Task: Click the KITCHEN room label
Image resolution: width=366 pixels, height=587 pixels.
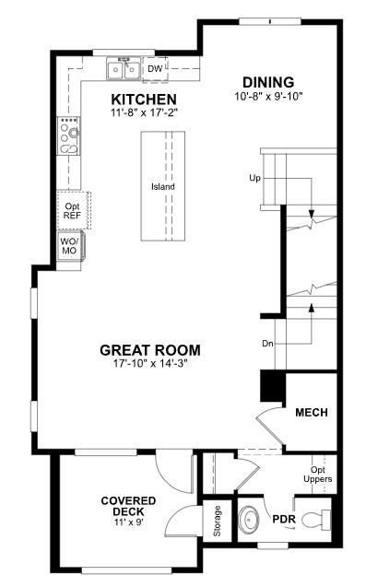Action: tap(144, 99)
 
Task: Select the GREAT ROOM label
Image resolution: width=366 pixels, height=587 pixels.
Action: tap(149, 350)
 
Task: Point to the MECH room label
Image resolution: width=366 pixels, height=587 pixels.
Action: tap(312, 412)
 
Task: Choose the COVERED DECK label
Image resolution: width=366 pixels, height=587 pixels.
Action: tap(128, 506)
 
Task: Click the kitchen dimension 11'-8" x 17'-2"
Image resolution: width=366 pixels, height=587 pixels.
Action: tap(144, 112)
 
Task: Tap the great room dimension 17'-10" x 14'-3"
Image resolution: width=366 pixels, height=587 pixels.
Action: tap(149, 363)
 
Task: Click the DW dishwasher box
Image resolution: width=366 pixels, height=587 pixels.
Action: tap(155, 68)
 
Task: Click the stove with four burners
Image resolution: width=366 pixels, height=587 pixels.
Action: tap(69, 135)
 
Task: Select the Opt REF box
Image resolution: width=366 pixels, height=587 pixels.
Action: tap(71, 209)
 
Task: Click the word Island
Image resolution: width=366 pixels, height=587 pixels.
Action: tap(163, 187)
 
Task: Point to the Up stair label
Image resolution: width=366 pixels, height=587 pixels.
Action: tap(254, 177)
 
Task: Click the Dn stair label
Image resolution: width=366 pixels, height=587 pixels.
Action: tap(267, 344)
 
